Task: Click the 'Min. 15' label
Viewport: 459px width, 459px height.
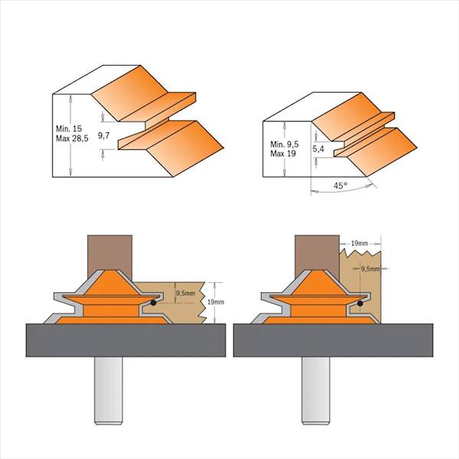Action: pyautogui.click(x=69, y=129)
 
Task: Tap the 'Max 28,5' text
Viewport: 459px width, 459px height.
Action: pyautogui.click(x=72, y=138)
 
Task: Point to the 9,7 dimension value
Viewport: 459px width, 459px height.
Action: pyautogui.click(x=103, y=135)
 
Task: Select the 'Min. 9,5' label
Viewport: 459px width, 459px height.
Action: pyautogui.click(x=285, y=145)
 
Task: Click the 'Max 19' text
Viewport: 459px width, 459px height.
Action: pyautogui.click(x=283, y=154)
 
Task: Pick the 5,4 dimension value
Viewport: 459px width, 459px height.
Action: pyautogui.click(x=318, y=149)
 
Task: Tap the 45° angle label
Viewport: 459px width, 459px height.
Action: pyautogui.click(x=340, y=186)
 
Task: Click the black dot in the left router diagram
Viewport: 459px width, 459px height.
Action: pyautogui.click(x=153, y=303)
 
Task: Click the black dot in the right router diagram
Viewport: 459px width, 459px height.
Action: pyautogui.click(x=360, y=304)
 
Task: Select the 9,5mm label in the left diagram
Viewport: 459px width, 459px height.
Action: pyautogui.click(x=185, y=293)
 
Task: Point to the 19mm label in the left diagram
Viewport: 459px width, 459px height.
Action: pyautogui.click(x=216, y=302)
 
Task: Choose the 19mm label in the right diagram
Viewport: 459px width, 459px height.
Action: pyautogui.click(x=360, y=243)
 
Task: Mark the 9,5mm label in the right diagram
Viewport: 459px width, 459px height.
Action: pyautogui.click(x=370, y=269)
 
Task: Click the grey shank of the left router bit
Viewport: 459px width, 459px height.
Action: pyautogui.click(x=108, y=390)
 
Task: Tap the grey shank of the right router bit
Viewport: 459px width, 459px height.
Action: pyautogui.click(x=315, y=390)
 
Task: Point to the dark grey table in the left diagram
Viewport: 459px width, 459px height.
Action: pyautogui.click(x=125, y=340)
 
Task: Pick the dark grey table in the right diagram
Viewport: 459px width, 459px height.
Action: pyautogui.click(x=333, y=340)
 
